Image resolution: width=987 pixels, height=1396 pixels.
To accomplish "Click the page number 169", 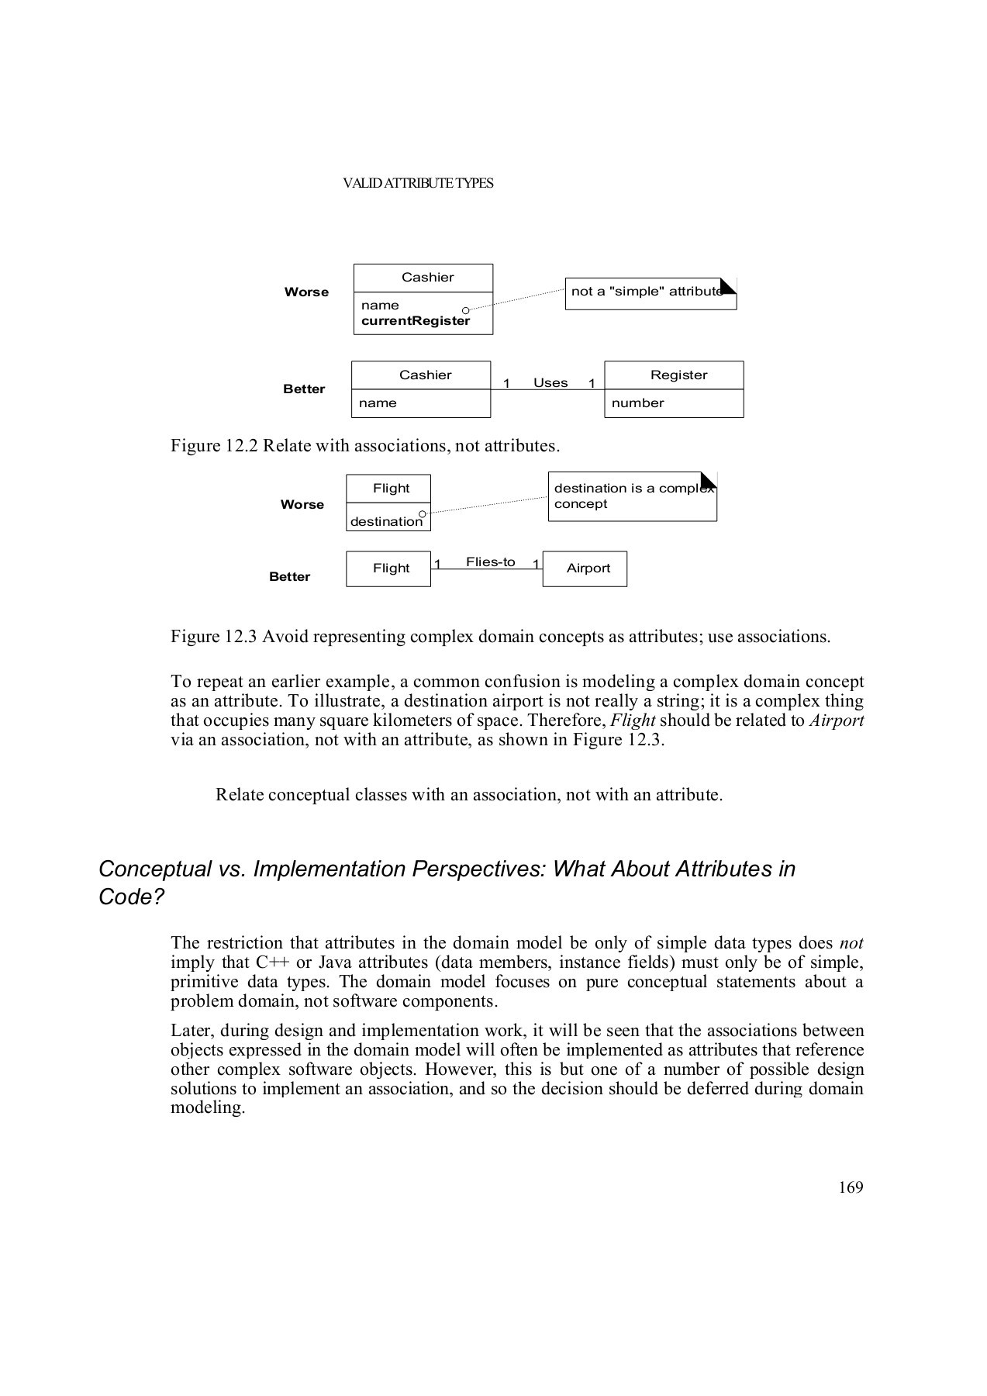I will pos(850,1187).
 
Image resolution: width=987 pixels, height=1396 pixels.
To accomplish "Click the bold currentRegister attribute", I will pos(415,321).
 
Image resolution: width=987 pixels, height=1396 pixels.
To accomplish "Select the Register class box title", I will pos(678,375).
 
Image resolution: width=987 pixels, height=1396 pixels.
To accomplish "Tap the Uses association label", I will pos(550,383).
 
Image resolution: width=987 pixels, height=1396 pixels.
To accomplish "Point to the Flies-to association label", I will pos(490,562).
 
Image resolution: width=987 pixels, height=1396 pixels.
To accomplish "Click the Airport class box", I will pos(588,568).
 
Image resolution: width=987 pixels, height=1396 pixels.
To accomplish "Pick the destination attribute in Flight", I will pos(386,522).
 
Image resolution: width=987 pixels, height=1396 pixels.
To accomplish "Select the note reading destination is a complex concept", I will pos(632,496).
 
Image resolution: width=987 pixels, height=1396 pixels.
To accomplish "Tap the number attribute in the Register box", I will pos(637,403).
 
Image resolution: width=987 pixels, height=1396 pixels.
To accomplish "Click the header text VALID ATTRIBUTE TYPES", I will pos(418,184).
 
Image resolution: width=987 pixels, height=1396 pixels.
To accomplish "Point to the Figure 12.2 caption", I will pos(365,446).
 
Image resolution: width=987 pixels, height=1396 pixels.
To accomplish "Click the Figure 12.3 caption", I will pos(500,637).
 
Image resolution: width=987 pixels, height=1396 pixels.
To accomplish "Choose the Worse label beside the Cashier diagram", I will pos(306,292).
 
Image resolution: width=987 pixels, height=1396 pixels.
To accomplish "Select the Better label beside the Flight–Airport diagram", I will pos(289,577).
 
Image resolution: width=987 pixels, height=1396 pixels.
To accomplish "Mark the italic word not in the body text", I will pos(851,943).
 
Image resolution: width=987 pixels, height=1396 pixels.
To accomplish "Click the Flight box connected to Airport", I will pos(390,568).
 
